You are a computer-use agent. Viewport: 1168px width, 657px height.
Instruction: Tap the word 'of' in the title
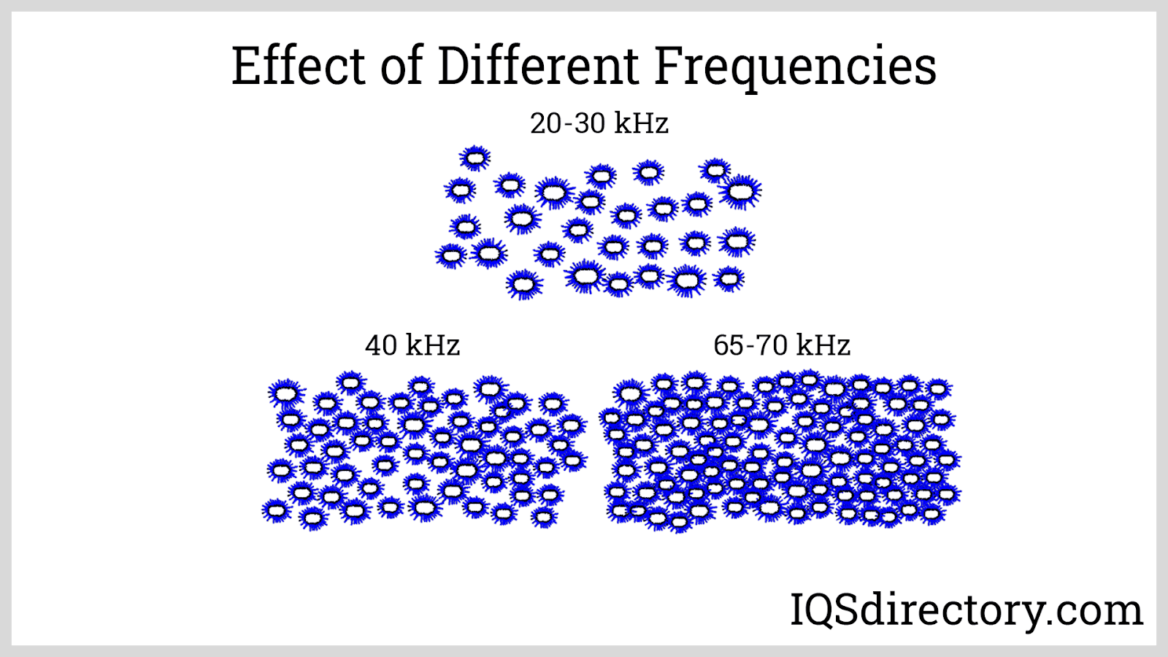[x=401, y=66]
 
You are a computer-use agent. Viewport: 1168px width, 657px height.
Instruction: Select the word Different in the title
[x=538, y=66]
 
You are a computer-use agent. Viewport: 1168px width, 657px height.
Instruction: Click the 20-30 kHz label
[x=599, y=123]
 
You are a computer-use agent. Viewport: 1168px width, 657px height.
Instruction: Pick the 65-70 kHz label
[x=782, y=345]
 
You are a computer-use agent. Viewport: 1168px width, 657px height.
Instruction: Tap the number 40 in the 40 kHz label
[x=380, y=345]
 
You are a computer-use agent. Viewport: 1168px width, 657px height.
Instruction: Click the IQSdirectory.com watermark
[x=967, y=610]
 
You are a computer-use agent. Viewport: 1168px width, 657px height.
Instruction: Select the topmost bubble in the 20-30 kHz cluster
[x=475, y=157]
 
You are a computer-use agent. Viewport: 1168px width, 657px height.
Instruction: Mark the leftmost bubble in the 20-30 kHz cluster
[x=450, y=256]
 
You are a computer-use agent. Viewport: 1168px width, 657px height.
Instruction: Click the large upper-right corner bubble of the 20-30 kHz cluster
[x=741, y=192]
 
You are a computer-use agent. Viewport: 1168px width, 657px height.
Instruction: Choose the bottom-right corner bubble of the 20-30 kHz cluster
[x=729, y=278]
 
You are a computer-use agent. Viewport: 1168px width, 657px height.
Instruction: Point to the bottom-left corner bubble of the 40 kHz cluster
[x=276, y=510]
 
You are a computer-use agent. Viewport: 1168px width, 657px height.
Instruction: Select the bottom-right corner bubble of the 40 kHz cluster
[x=543, y=517]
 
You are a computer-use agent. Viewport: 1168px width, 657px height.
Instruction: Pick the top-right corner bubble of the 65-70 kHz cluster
[x=937, y=388]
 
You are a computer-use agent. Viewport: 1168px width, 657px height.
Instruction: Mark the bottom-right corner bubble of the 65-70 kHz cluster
[x=931, y=514]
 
